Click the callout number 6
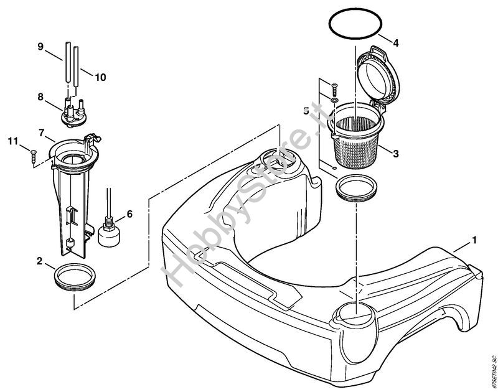coord(129,214)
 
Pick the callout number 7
coord(42,133)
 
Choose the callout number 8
coord(40,97)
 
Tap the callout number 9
coord(40,46)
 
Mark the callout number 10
coord(100,77)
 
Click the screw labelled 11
coord(32,154)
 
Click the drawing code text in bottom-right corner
coord(491,372)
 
